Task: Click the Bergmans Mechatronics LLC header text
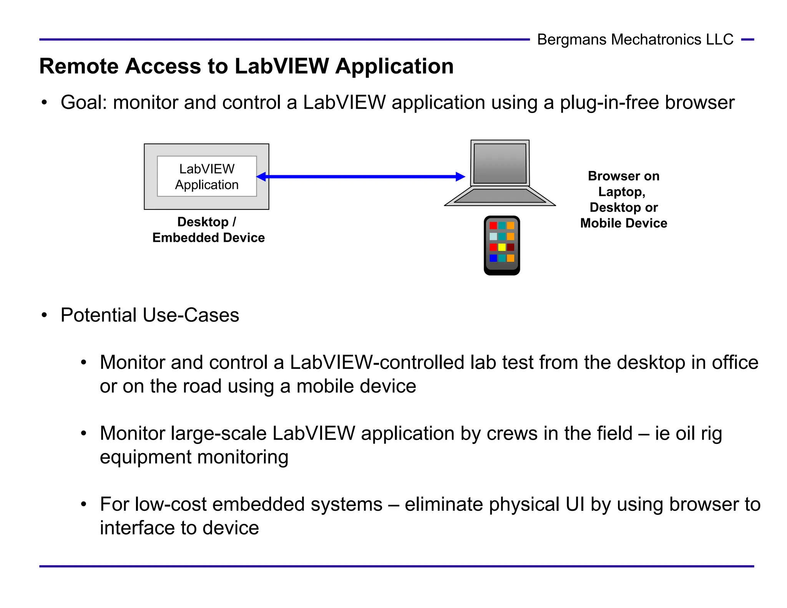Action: (x=635, y=40)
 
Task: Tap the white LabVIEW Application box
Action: (x=207, y=176)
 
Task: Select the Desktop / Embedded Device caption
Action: (x=208, y=230)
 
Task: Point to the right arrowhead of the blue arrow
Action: (x=460, y=177)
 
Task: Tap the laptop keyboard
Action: (x=500, y=196)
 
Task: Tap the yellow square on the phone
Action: (x=502, y=247)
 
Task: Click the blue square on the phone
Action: (x=493, y=258)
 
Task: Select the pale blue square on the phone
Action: (x=493, y=236)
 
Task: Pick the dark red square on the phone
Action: (x=510, y=247)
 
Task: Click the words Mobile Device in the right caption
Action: (x=623, y=223)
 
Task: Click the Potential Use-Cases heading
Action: (x=150, y=316)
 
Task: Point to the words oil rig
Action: (x=699, y=434)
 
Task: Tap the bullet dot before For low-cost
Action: (x=84, y=504)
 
